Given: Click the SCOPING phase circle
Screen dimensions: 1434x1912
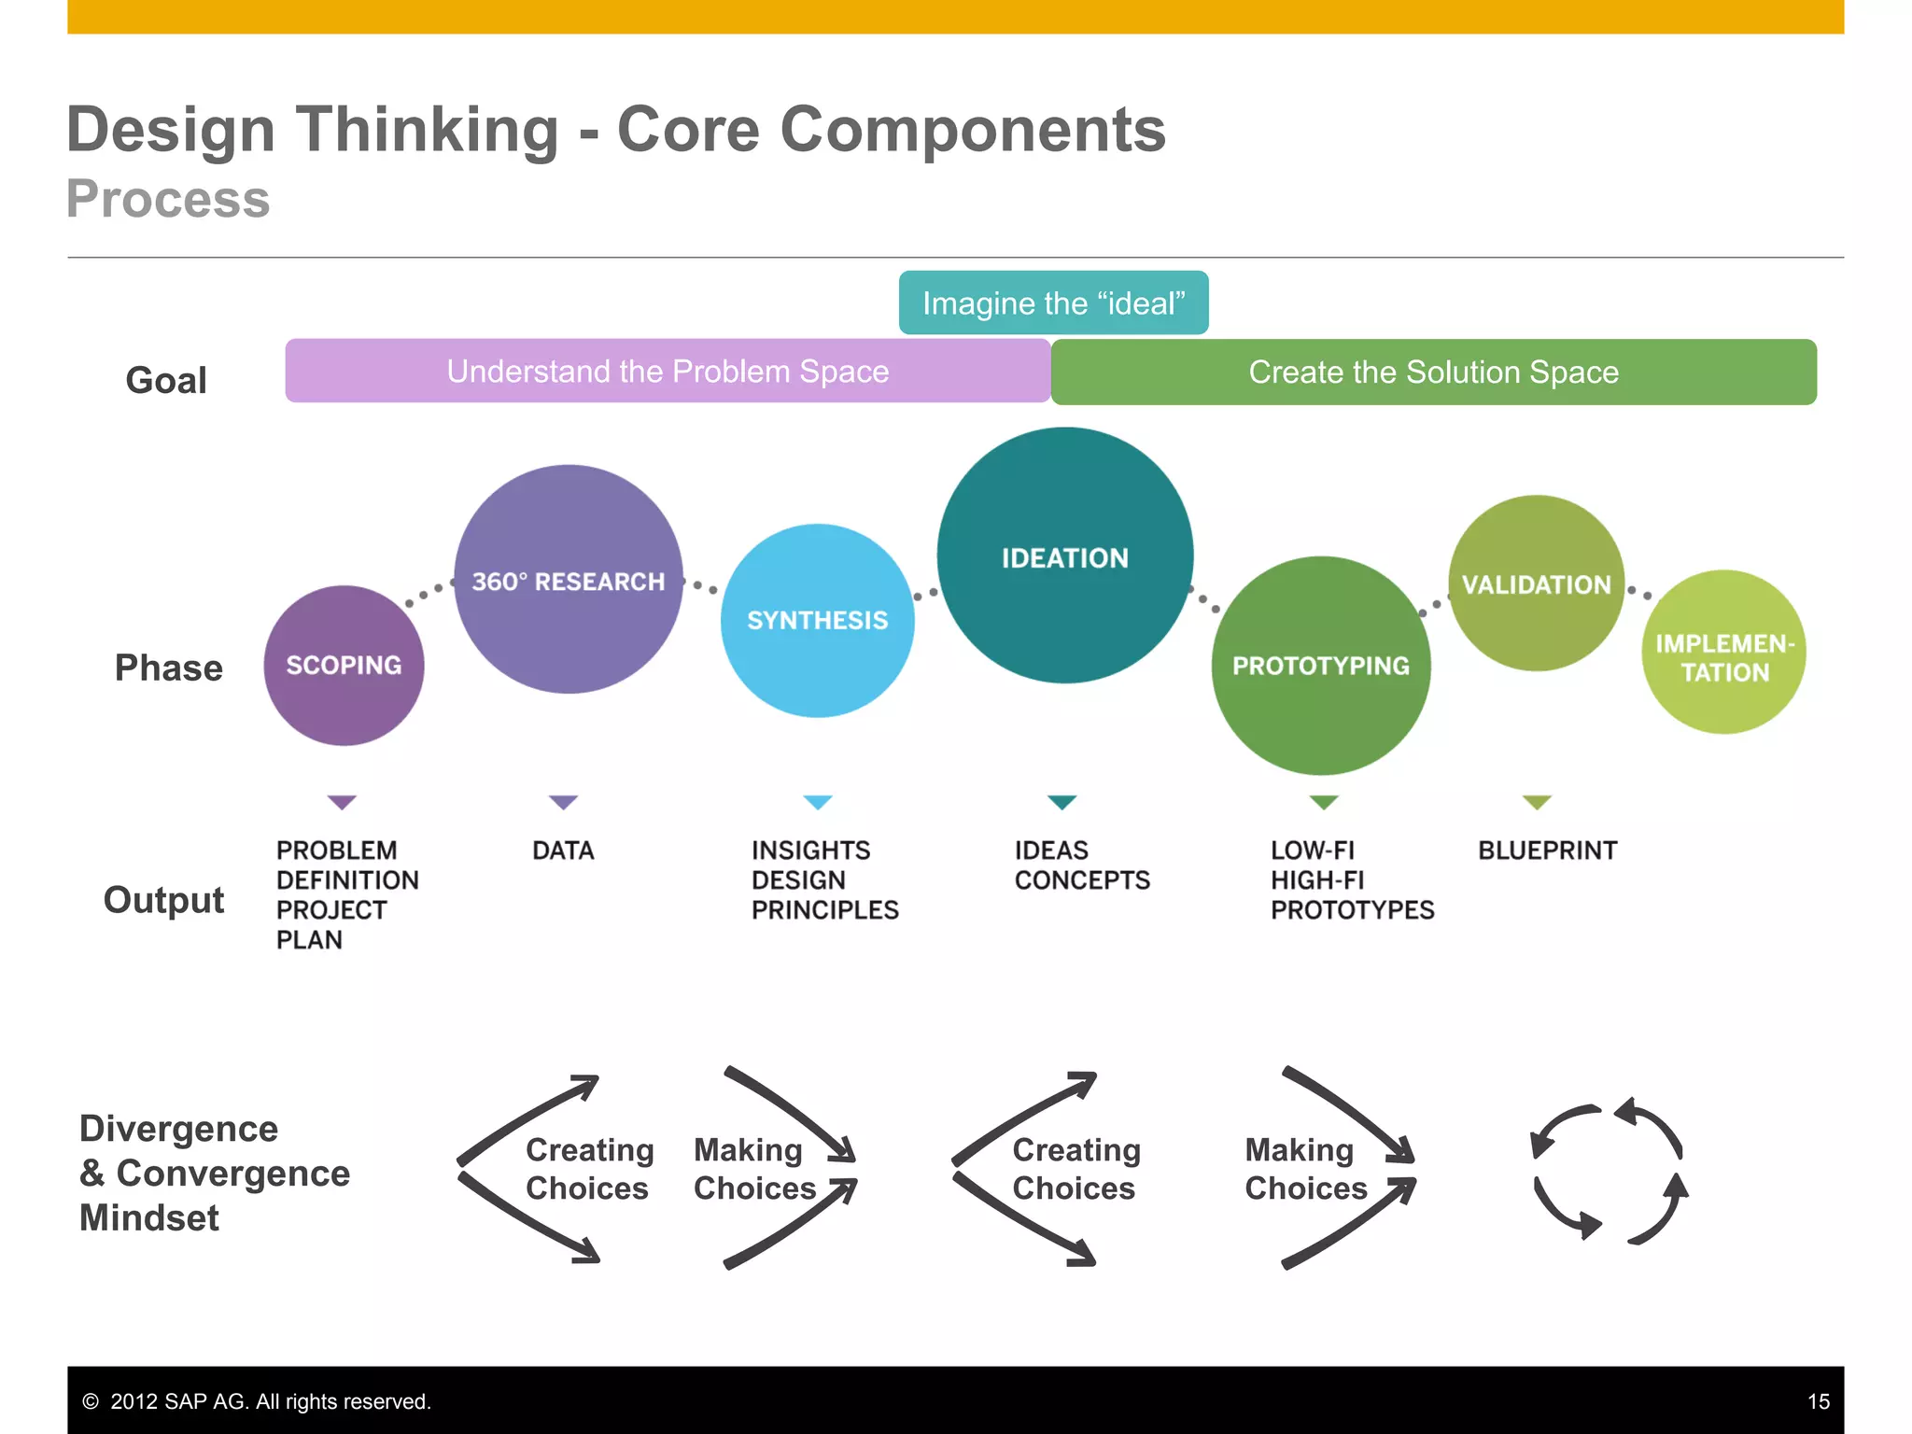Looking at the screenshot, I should pos(344,666).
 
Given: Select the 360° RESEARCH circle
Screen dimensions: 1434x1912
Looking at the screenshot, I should pos(568,580).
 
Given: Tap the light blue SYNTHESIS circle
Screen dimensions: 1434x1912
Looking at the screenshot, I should pos(817,621).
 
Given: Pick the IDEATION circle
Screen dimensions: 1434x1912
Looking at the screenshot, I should pos(1064,556).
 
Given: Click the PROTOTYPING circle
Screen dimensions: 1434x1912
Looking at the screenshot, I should pos(1320,666).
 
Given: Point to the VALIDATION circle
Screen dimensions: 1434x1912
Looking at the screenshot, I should pos(1536,583).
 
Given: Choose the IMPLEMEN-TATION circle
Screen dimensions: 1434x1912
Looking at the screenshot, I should pos(1723,653).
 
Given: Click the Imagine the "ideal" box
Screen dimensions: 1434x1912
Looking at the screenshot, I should pos(1053,303).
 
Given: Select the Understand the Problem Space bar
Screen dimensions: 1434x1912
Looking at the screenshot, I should pos(668,372).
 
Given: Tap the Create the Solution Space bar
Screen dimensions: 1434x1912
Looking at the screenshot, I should pos(1433,373).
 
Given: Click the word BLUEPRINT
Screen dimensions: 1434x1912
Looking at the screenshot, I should pos(1547,851).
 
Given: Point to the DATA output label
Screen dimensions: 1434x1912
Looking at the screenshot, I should pos(563,851).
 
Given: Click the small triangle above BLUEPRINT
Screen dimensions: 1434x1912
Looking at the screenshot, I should pos(1537,802).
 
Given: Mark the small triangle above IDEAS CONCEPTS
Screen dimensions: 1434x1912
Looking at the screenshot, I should pos(1062,802).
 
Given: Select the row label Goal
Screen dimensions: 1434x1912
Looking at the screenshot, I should pos(166,381).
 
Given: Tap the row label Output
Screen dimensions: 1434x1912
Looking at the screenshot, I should pos(163,900).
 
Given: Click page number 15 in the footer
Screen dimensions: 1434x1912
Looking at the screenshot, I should pos(1818,1401).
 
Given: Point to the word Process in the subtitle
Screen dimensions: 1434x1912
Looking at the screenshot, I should pos(168,199).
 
